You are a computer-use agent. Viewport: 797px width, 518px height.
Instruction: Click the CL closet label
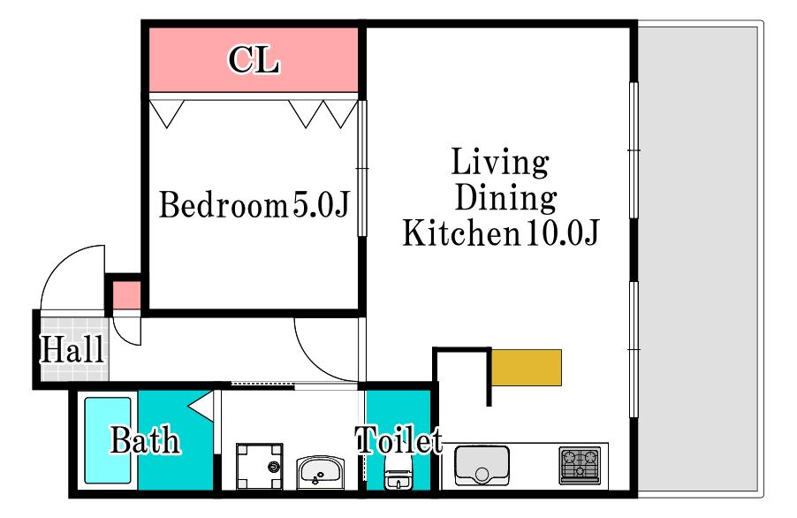(254, 60)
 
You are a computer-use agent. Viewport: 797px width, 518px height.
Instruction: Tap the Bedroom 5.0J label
(254, 205)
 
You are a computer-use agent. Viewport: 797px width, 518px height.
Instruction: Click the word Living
(500, 164)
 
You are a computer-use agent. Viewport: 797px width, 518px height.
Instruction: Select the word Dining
(505, 198)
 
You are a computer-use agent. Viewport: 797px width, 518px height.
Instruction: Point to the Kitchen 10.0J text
(501, 232)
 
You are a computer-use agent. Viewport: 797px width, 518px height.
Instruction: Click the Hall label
(72, 349)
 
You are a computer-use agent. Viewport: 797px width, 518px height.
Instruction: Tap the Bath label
(146, 440)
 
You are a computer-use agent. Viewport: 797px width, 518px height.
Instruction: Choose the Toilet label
(399, 439)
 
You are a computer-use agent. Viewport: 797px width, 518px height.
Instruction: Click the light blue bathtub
(107, 440)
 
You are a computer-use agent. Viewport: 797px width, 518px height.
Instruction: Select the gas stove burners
(580, 465)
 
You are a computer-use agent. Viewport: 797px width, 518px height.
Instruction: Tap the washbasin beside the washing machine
(321, 471)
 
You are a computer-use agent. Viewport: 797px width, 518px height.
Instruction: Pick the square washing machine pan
(260, 467)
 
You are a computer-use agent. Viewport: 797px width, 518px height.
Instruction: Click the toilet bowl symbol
(398, 473)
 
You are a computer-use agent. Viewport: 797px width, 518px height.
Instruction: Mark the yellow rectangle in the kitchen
(527, 368)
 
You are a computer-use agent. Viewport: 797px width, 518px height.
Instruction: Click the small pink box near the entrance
(126, 294)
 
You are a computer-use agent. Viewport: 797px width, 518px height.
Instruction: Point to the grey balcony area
(700, 259)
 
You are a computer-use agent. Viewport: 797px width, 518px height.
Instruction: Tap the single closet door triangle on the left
(167, 113)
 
